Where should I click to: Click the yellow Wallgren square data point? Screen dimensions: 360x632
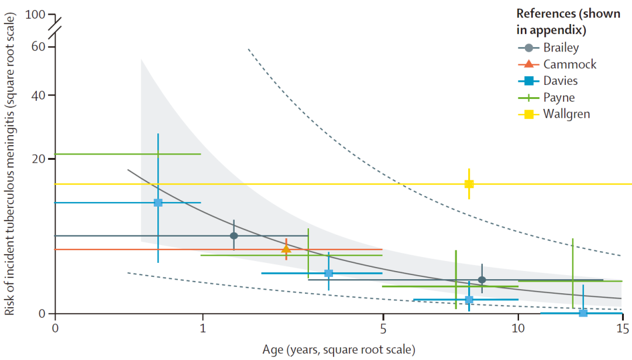(469, 184)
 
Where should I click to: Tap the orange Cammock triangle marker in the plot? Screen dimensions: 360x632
(286, 249)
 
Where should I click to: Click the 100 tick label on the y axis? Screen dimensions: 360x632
(36, 13)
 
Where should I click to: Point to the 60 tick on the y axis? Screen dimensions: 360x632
(39, 46)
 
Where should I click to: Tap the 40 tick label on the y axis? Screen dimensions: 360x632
(39, 95)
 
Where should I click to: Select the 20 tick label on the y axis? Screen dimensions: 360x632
(39, 159)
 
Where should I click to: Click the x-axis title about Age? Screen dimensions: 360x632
(338, 350)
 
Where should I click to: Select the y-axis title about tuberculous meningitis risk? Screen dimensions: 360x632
(10, 167)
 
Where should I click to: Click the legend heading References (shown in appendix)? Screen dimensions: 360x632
(568, 22)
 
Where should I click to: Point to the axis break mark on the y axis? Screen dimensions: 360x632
(55, 29)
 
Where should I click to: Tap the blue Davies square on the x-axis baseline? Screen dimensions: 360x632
(583, 313)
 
